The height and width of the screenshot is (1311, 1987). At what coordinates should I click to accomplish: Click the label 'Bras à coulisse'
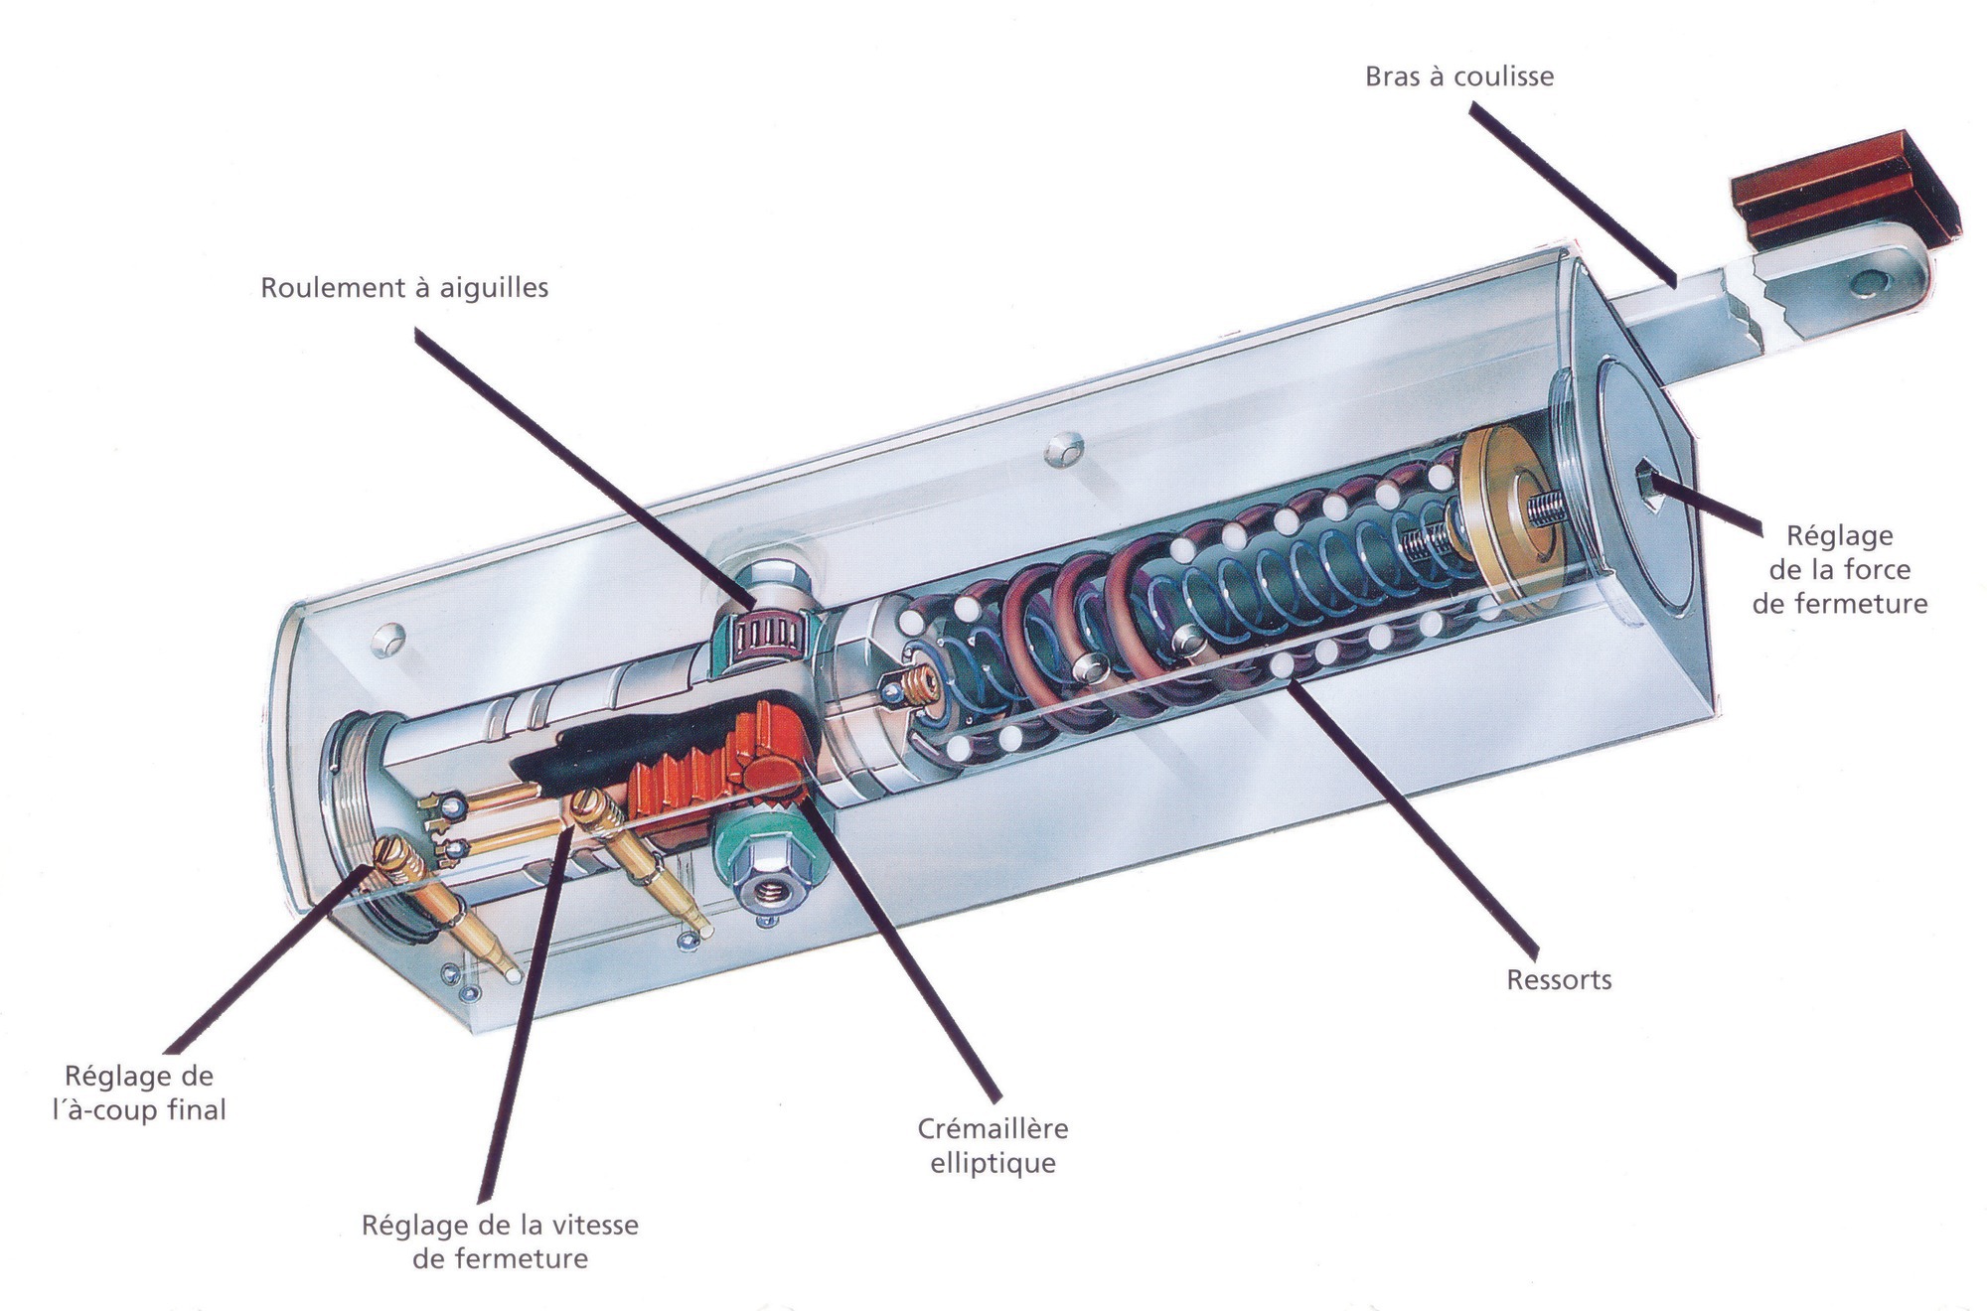[x=1458, y=76]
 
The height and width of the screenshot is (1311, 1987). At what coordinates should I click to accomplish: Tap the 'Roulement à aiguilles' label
[x=404, y=288]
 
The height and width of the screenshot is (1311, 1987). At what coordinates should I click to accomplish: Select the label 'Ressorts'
[x=1559, y=980]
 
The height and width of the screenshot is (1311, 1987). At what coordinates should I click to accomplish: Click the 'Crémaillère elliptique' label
[x=993, y=1145]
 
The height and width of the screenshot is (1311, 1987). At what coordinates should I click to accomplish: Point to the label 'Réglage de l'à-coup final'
[x=139, y=1092]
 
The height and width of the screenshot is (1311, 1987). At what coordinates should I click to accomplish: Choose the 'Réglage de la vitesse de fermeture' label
[x=500, y=1241]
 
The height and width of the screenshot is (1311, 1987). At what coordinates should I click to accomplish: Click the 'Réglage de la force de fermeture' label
[x=1839, y=569]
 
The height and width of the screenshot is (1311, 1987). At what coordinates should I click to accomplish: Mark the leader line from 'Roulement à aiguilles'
[x=586, y=467]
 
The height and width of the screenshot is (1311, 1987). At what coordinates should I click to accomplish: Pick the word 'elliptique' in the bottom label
[x=993, y=1163]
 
